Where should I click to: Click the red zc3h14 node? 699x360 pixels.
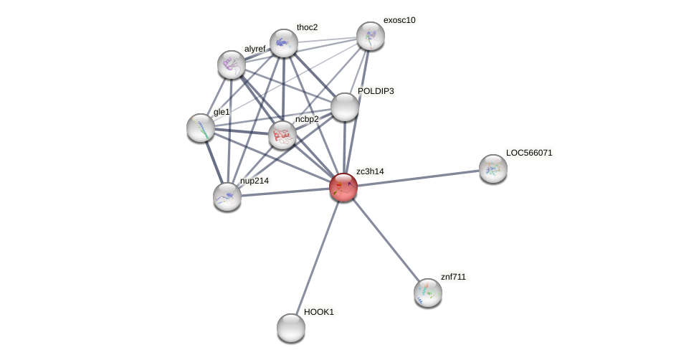343,187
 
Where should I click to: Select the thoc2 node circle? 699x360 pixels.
284,43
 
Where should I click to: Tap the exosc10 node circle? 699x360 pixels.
371,36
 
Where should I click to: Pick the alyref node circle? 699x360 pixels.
232,65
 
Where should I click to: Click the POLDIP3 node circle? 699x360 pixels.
345,107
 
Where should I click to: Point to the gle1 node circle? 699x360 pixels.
201,128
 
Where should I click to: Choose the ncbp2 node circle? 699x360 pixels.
282,134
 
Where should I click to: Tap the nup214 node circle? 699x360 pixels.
227,196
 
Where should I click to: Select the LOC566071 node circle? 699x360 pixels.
493,169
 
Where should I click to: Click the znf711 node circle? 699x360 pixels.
428,293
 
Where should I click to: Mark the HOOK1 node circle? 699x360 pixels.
291,328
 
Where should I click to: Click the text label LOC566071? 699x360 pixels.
529,153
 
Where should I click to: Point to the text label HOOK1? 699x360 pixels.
319,312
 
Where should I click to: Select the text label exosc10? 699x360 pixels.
399,20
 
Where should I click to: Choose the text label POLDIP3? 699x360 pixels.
376,91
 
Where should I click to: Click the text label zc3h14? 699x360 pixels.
370,171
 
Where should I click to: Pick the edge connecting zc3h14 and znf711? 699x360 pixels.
386,240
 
